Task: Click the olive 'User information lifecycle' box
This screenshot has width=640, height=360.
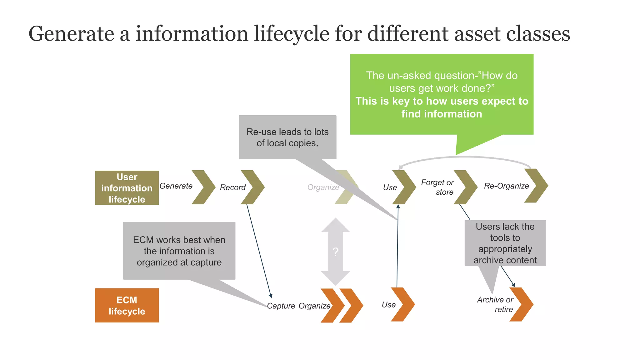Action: click(127, 188)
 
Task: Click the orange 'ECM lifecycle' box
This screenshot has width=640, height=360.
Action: click(127, 305)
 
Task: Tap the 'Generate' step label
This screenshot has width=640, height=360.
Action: click(176, 186)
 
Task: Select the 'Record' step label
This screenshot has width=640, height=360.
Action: click(232, 187)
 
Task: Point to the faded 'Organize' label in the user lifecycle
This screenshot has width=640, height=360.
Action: click(323, 187)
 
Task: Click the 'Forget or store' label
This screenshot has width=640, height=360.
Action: click(437, 187)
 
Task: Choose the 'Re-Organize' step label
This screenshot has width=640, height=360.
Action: click(506, 186)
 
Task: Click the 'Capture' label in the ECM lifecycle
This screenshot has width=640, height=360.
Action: click(281, 306)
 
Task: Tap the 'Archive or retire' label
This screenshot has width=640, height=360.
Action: click(495, 304)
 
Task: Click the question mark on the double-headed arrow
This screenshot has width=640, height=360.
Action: click(335, 252)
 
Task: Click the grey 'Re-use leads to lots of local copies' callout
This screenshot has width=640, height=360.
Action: click(287, 137)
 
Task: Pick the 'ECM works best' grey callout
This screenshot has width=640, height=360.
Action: click(179, 251)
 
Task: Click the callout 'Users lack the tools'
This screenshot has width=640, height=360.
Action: click(505, 243)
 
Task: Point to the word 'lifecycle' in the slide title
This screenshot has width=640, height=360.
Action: click(291, 34)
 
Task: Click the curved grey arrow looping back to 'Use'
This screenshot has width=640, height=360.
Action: click(466, 158)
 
